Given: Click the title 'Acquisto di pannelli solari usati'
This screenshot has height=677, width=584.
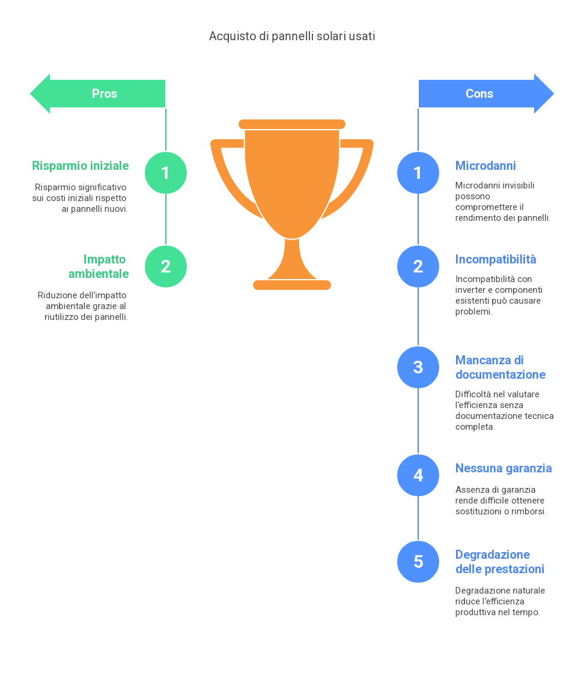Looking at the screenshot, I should tap(292, 37).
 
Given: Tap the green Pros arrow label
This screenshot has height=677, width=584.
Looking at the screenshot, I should tap(104, 94).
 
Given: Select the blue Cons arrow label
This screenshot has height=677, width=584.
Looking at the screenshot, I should tap(479, 94).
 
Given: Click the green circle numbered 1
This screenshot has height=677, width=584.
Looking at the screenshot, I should tap(166, 173).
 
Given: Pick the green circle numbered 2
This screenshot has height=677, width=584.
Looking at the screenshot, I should tap(166, 266).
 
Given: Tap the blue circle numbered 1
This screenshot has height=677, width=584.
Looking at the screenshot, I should tap(418, 173).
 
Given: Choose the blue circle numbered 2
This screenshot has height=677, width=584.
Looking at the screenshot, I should tap(418, 266).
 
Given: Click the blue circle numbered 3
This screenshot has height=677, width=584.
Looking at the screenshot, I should tap(418, 367).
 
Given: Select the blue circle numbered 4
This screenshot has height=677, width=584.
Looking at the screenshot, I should tap(418, 475).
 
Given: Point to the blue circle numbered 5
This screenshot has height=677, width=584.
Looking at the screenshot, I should tap(418, 562).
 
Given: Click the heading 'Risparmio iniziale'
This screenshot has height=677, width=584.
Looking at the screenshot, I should tap(81, 166).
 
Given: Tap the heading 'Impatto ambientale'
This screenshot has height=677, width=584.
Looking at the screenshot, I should tap(99, 266).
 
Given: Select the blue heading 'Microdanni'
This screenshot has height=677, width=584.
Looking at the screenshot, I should tap(485, 166).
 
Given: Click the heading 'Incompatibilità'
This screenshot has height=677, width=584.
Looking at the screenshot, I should tap(496, 259).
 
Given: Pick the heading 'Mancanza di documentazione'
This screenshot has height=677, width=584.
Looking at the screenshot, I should tap(500, 367).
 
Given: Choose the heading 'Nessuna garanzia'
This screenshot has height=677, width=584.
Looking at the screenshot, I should tap(503, 468).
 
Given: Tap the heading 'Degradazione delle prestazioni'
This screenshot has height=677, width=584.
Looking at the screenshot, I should tap(500, 562).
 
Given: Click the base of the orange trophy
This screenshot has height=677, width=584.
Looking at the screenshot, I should tap(292, 284).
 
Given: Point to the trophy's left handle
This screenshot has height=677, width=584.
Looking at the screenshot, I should tap(225, 174).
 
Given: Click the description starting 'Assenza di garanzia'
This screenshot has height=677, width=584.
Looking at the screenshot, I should tap(501, 501).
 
